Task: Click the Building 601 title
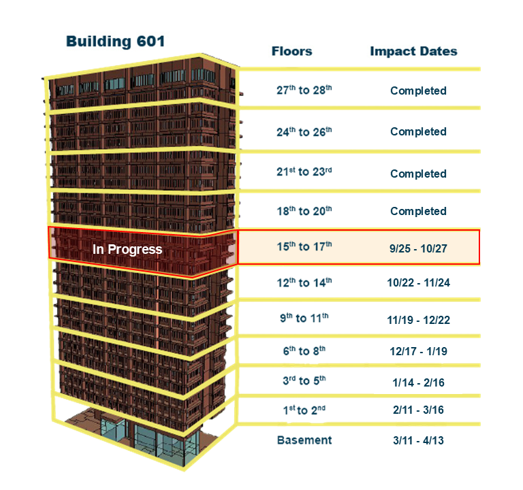(115, 42)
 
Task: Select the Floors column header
(292, 51)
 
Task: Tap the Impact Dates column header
(413, 51)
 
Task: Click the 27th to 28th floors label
(304, 90)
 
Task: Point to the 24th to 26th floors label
(304, 131)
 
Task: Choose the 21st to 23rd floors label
(304, 171)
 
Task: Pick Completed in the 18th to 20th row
(418, 211)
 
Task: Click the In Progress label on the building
(127, 249)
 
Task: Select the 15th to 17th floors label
(304, 246)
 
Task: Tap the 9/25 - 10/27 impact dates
(418, 248)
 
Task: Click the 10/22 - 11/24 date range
(418, 282)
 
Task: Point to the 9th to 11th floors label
(304, 318)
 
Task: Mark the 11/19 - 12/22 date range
(418, 320)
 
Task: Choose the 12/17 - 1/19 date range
(418, 351)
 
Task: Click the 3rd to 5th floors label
(304, 380)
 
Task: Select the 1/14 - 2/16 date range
(418, 382)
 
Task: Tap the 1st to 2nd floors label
(304, 410)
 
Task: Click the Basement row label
(304, 440)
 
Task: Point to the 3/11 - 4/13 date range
(418, 440)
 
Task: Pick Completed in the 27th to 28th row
(418, 91)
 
